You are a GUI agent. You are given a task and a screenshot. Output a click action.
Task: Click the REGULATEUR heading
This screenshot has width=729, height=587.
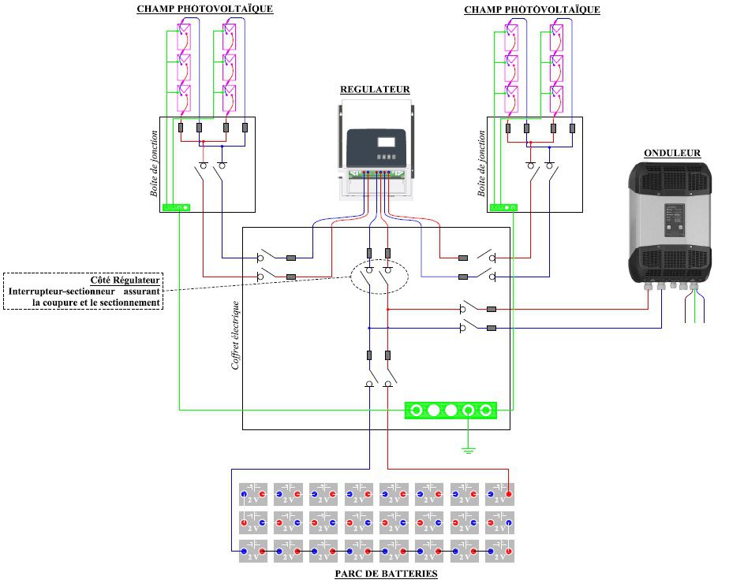(375, 90)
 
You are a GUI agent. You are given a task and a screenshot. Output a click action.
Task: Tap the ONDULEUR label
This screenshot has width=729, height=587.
(671, 153)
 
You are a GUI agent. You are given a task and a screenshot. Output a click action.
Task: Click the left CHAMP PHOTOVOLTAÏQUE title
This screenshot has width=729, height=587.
(205, 9)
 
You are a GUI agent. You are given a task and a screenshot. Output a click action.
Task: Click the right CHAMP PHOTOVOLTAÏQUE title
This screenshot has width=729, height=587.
(532, 9)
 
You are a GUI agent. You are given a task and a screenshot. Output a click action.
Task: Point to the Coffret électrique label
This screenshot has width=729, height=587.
(235, 335)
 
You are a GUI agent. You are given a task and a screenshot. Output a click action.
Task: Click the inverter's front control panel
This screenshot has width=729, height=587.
(673, 220)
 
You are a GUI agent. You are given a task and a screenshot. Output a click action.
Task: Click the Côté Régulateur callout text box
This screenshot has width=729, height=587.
(84, 291)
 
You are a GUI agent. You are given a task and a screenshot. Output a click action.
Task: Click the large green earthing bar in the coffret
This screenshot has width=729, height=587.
(450, 411)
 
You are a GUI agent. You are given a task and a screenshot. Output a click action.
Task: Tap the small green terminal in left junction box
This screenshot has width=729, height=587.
(176, 207)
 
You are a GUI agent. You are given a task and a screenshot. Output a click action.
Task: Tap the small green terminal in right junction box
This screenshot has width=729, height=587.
(503, 207)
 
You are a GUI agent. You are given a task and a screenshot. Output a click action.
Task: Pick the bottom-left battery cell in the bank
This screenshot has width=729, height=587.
(253, 551)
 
